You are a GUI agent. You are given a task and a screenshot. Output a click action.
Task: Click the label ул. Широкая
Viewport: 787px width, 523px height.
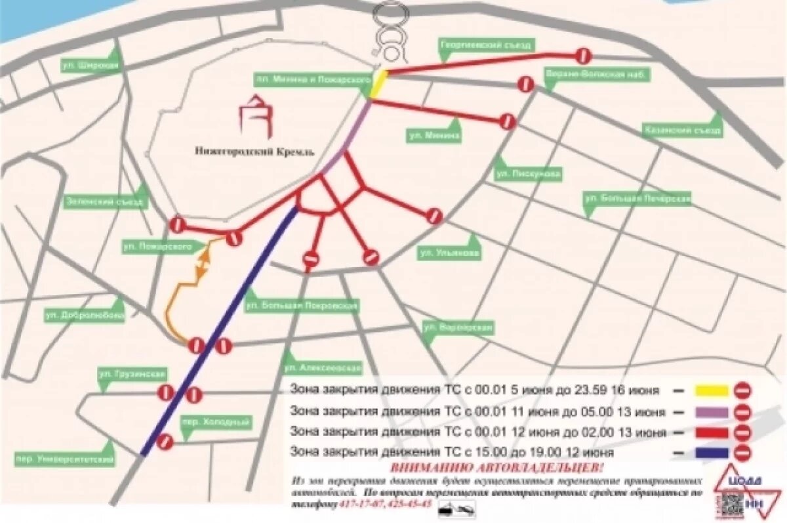[91, 66]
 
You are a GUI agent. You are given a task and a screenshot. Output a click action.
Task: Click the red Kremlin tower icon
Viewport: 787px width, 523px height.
[256, 115]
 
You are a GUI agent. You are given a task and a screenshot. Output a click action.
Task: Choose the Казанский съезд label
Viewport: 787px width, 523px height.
[682, 130]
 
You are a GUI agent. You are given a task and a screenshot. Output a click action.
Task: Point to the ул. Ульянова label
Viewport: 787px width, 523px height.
[449, 253]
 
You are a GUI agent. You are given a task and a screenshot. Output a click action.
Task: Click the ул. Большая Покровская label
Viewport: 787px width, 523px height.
[301, 305]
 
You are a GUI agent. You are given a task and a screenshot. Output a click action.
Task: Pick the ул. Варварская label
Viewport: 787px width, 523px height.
[457, 326]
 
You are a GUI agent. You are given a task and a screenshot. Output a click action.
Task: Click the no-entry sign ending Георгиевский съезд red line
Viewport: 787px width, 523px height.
[583, 55]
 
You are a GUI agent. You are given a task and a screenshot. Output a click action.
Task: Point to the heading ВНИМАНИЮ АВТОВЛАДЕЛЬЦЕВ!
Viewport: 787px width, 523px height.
[496, 468]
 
